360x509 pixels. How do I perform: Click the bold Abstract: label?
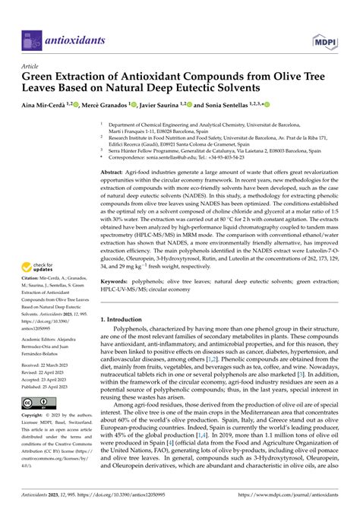[114, 174]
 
